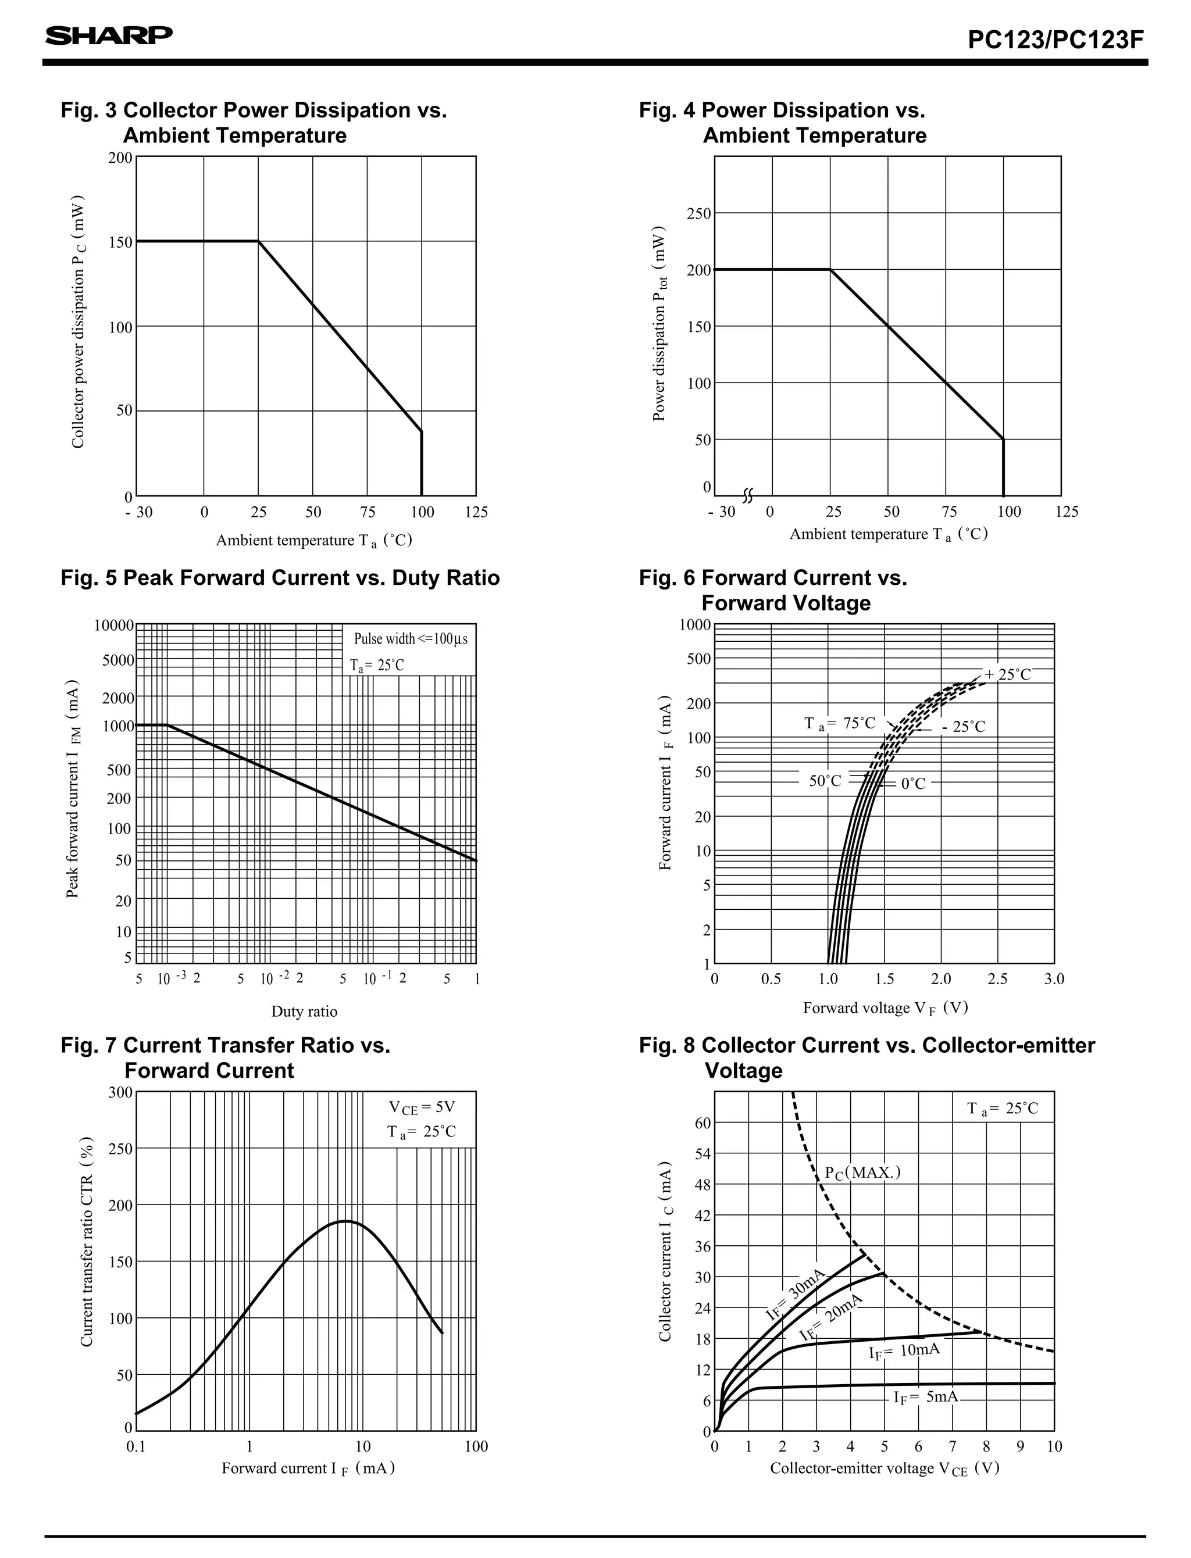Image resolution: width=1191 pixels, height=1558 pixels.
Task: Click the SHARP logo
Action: tap(109, 35)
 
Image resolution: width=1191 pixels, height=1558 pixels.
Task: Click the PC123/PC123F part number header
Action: tap(1056, 40)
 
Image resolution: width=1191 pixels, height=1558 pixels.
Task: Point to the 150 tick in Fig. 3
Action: tap(120, 242)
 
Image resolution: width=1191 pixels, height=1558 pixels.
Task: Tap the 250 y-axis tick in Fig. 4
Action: tap(698, 214)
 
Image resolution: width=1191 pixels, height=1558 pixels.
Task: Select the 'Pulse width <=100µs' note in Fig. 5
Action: tap(411, 639)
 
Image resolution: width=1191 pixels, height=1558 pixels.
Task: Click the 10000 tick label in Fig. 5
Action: tap(113, 626)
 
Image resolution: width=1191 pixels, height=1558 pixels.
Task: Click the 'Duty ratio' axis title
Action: tap(304, 1011)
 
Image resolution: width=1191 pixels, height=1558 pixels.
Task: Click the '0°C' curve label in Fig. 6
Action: tap(913, 784)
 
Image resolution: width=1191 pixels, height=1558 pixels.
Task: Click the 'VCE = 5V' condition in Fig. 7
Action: tap(422, 1107)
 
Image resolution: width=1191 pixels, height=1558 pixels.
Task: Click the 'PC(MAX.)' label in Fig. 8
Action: tap(862, 1173)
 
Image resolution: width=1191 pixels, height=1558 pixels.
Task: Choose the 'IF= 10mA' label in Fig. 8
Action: tap(905, 1350)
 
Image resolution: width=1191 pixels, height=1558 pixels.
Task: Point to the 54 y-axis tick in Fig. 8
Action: tap(702, 1153)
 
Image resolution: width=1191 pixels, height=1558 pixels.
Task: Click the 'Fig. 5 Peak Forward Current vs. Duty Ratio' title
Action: tap(280, 577)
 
